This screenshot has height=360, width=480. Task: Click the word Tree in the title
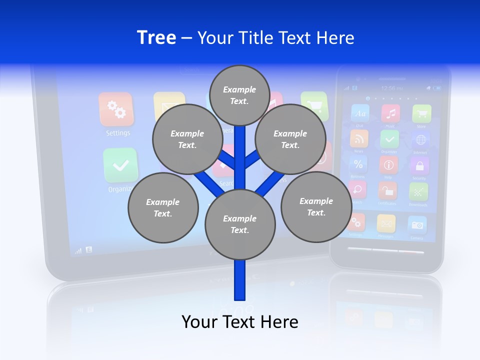(156, 37)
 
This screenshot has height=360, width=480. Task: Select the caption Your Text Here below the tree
(240, 321)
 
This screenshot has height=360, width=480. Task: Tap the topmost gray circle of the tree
(239, 95)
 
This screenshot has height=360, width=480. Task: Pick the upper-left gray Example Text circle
(187, 139)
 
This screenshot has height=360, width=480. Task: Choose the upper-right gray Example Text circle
(290, 139)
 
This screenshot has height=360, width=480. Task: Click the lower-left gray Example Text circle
(162, 207)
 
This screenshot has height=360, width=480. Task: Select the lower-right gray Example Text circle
(316, 206)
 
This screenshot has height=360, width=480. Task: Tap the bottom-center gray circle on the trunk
(239, 224)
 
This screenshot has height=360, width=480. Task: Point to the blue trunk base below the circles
(240, 282)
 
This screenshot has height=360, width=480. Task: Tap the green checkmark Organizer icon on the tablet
(120, 165)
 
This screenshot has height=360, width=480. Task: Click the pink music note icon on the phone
(390, 114)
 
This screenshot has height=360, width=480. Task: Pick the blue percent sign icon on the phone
(358, 164)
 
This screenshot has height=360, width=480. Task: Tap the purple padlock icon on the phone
(419, 165)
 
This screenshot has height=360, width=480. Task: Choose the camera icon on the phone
(417, 225)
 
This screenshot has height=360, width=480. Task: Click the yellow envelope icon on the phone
(386, 223)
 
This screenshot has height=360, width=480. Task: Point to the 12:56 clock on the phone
(391, 88)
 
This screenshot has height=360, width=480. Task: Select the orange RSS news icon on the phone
(359, 138)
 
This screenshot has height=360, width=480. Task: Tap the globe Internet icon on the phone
(421, 139)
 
